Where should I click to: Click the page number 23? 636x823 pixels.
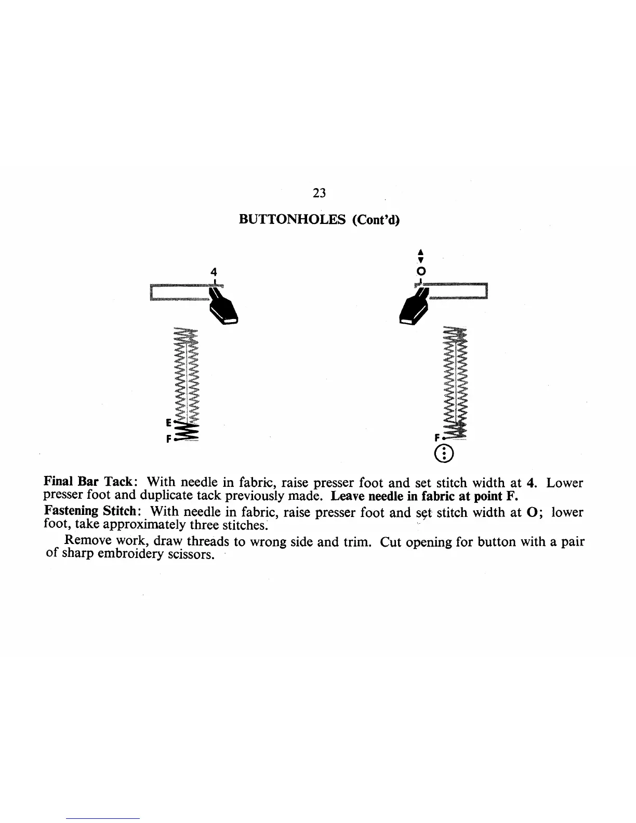click(320, 193)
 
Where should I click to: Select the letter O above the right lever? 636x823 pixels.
click(421, 272)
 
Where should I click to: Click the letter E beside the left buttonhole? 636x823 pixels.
click(168, 421)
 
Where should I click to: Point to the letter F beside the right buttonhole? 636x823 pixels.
click(438, 437)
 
